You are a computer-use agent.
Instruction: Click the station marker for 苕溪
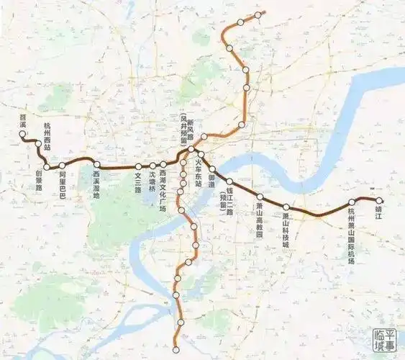coord(23,134)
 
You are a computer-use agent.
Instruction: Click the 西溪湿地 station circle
coord(96,164)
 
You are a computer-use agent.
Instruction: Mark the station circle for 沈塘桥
coord(152,166)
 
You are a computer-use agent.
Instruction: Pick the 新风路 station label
coord(191,133)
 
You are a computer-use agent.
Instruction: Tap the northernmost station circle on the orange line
coord(258,14)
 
